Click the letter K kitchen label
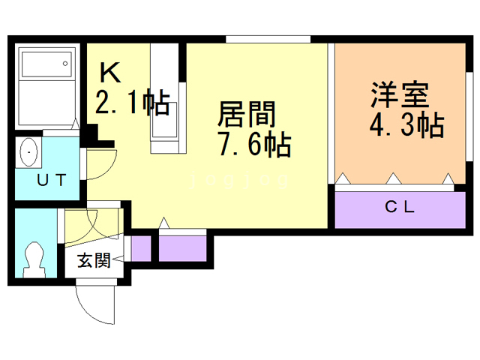pos(111,73)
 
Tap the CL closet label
pos(400,207)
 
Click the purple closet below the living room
pos(182,247)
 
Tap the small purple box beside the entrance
pos(140,247)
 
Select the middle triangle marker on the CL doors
pos(391,179)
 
